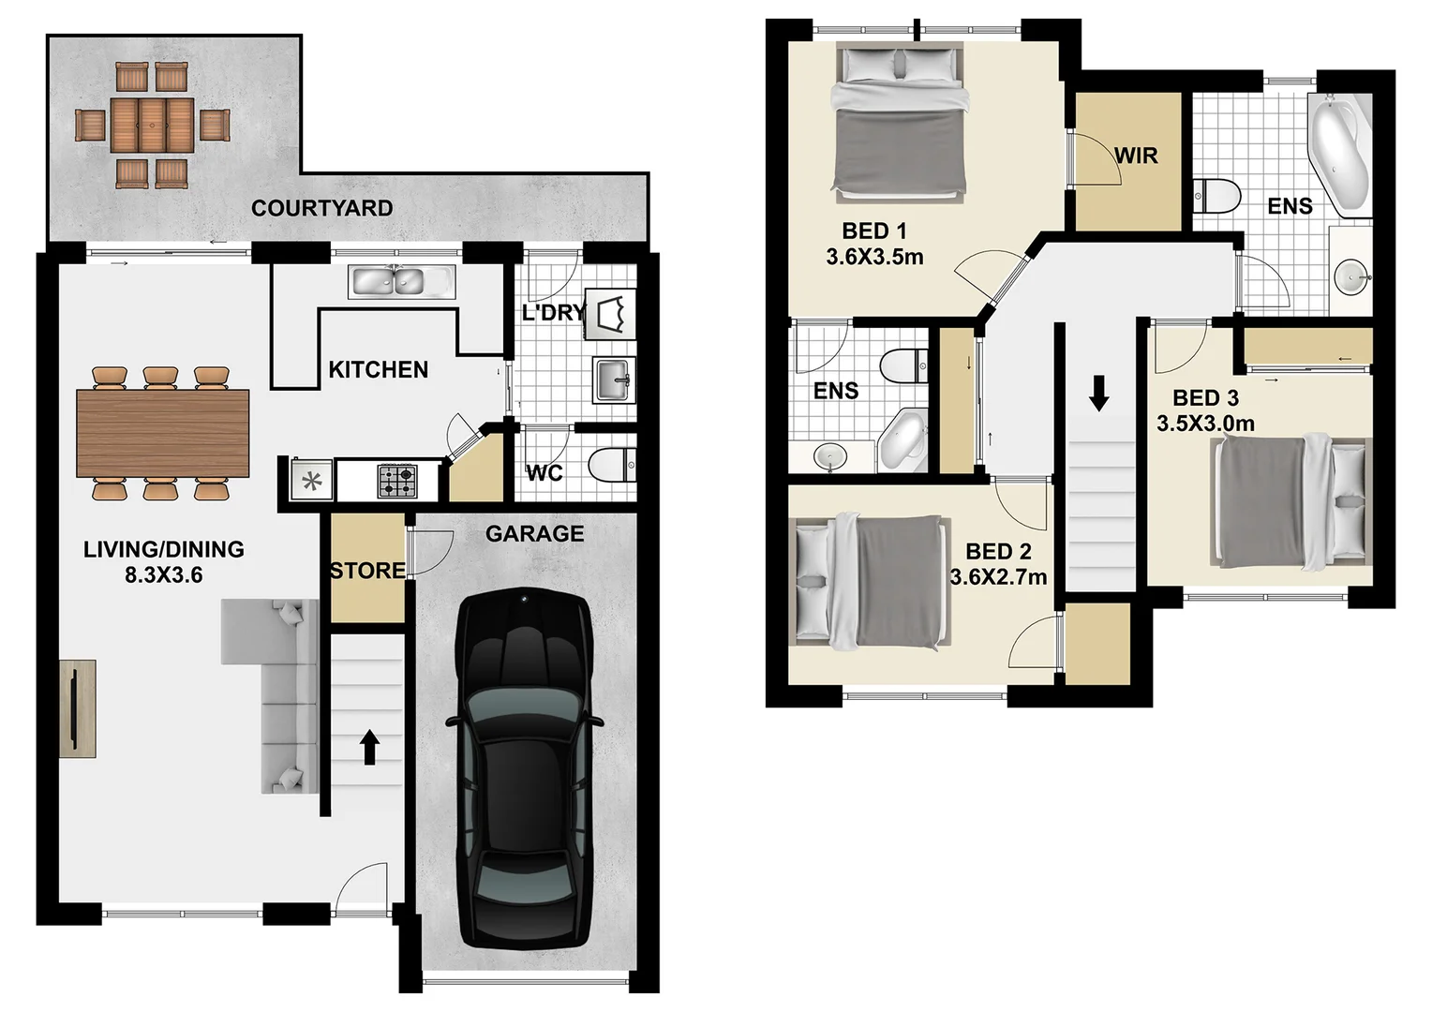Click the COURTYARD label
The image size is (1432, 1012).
point(321,208)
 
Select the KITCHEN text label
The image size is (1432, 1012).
point(378,369)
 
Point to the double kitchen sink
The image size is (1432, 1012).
point(401,281)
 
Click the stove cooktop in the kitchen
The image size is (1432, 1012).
point(397,481)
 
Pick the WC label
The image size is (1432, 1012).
point(544,472)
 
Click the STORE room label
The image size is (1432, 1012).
point(367,570)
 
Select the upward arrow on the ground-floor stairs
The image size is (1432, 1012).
point(369,747)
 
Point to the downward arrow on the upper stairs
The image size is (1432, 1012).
point(1099,394)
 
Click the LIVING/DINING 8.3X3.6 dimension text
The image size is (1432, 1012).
point(164,575)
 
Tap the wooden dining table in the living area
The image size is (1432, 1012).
point(163,433)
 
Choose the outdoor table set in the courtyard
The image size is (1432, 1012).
point(153,126)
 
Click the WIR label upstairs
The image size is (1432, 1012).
point(1136,156)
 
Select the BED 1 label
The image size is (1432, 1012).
point(874,231)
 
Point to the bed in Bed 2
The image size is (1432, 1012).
point(870,582)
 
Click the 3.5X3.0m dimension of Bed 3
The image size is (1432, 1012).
point(1205,424)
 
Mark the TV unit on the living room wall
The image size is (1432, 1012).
point(77,708)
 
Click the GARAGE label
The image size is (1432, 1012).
point(534,533)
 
